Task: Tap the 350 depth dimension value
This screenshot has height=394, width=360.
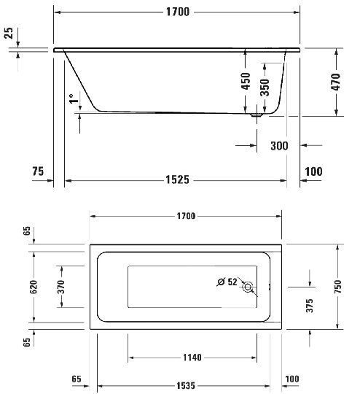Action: pos(265,88)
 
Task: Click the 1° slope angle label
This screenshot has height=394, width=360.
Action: pos(72,99)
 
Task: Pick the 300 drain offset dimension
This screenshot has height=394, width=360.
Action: pos(278,146)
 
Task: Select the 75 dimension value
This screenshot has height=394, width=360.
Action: pos(39,171)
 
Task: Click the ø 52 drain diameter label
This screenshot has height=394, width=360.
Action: pos(227,281)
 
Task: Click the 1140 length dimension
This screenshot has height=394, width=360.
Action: pos(191,358)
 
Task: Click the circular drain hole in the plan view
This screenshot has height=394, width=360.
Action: pos(249,287)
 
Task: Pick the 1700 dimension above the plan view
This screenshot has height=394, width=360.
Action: pos(186,215)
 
